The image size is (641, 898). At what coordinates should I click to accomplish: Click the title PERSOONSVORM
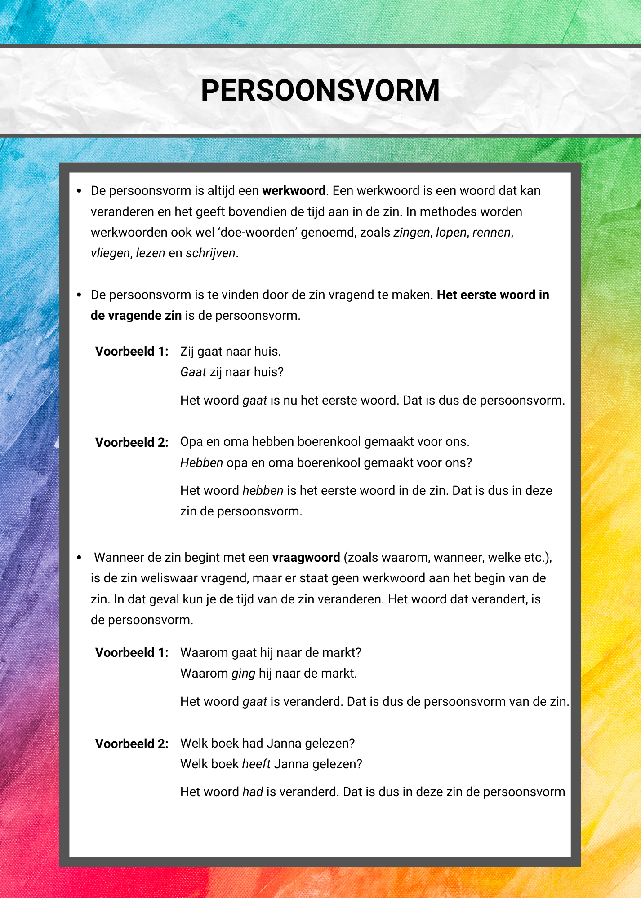point(320,91)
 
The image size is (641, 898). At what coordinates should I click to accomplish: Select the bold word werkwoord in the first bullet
point(294,191)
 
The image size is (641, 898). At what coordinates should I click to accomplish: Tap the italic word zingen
point(412,233)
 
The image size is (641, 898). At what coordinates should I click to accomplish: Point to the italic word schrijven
point(210,253)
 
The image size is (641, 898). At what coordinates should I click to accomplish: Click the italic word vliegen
point(110,253)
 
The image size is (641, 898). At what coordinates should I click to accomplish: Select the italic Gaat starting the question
point(193,372)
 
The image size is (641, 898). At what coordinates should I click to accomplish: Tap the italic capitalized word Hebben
point(201,463)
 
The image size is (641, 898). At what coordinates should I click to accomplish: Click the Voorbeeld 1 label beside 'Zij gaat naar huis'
point(132,352)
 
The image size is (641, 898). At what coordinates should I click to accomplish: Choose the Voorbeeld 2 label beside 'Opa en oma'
point(132,443)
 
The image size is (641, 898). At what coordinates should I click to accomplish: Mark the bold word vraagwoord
point(306,558)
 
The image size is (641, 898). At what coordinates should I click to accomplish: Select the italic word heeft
point(256,764)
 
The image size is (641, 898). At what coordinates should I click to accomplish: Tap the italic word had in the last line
point(253,792)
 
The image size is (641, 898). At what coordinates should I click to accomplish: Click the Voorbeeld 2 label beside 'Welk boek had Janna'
point(132,744)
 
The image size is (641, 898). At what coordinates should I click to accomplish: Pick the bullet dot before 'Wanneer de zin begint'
point(79,558)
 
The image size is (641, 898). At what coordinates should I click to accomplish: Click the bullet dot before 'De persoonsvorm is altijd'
point(79,191)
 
